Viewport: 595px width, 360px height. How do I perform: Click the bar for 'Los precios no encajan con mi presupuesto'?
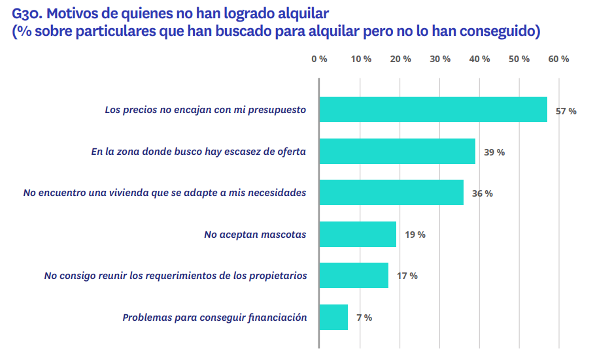tap(433, 110)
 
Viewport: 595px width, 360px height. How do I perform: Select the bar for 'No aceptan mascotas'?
tap(358, 234)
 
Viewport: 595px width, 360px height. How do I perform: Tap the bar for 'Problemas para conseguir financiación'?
tap(333, 318)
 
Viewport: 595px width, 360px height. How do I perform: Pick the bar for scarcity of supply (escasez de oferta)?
tap(397, 152)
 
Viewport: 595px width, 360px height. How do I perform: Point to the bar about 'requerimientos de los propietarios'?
tap(354, 276)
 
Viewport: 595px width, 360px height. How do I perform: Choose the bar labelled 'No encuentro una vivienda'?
tap(391, 193)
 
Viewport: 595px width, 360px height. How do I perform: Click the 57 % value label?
tap(566, 111)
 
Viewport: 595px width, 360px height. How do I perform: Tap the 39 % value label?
tap(494, 152)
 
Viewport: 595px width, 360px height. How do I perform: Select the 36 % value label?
tap(483, 193)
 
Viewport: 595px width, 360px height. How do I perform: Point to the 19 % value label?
tap(415, 235)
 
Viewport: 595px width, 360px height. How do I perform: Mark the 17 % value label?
tap(407, 276)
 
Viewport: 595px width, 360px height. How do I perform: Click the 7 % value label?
tap(364, 318)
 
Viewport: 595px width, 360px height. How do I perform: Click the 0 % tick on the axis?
tap(319, 59)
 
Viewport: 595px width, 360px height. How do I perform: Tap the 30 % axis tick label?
tap(440, 59)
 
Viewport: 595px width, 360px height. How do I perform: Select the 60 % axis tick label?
tap(559, 59)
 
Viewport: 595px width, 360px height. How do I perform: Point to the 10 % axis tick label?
tap(361, 59)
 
